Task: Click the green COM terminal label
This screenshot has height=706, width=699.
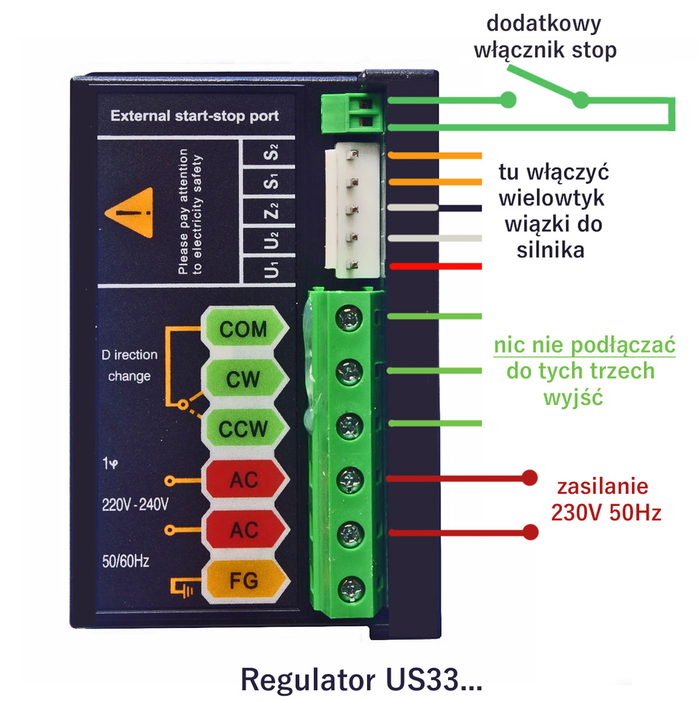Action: click(x=243, y=330)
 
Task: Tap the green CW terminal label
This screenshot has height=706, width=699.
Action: click(x=243, y=380)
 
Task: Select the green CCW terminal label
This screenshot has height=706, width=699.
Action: click(x=243, y=430)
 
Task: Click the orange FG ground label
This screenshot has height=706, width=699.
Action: click(x=243, y=581)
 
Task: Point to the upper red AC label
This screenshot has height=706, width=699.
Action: click(x=243, y=480)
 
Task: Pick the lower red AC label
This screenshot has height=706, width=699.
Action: click(x=243, y=530)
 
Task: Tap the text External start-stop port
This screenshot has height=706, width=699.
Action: click(x=195, y=116)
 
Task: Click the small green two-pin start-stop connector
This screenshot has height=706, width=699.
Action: click(x=353, y=112)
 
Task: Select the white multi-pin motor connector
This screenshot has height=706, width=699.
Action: click(x=353, y=210)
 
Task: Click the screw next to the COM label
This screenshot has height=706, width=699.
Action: click(x=349, y=319)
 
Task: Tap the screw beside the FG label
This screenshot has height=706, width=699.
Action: click(x=350, y=588)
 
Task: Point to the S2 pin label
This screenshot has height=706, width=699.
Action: click(x=271, y=153)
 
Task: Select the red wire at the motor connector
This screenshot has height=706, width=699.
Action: click(x=436, y=266)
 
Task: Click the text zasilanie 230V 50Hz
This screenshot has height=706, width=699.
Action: click(x=605, y=500)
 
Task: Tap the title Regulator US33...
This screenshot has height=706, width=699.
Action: click(x=361, y=680)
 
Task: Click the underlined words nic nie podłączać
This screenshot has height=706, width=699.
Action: click(x=584, y=345)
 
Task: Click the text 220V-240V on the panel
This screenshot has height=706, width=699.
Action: click(x=135, y=504)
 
